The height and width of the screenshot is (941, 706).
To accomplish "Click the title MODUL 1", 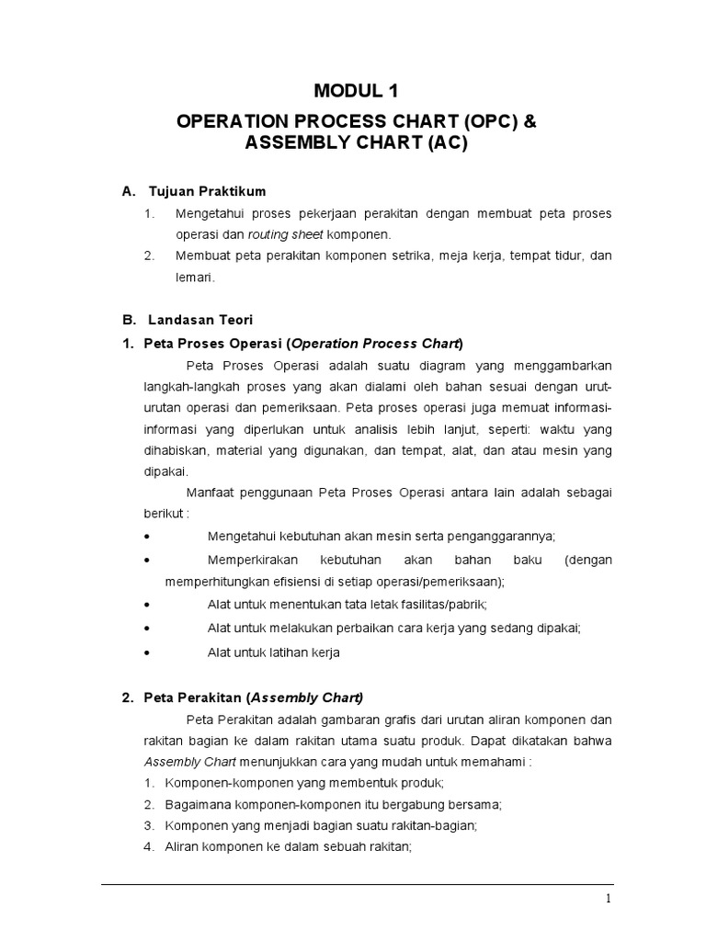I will point(358,90).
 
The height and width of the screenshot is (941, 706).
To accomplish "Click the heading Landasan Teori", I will point(199,320).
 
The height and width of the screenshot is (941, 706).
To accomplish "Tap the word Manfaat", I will point(213,493).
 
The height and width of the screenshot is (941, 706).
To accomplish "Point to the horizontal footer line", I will point(358,884).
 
